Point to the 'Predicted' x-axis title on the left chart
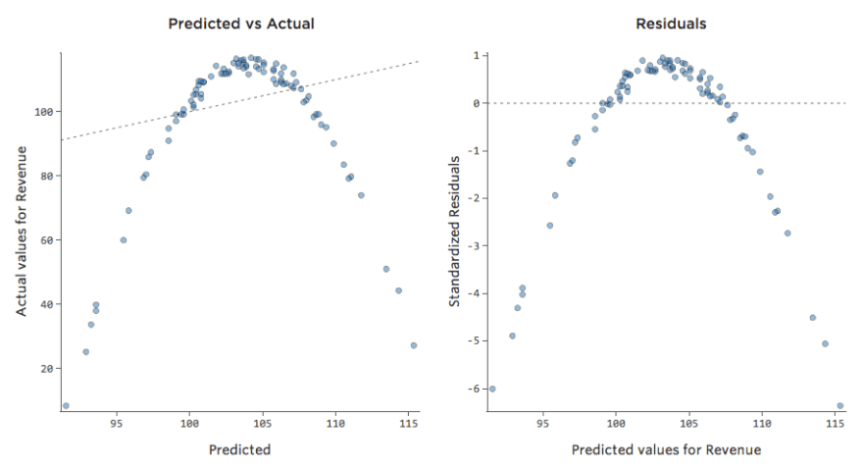click(239, 449)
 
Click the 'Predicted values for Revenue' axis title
click(666, 449)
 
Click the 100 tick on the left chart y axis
click(42, 112)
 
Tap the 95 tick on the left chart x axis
click(116, 425)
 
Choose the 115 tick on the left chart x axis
click(408, 425)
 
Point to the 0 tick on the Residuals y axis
click(476, 103)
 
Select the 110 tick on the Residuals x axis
click(761, 425)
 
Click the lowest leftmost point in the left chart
click(66, 405)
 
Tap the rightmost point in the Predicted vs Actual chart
click(414, 345)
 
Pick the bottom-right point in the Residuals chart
click(840, 405)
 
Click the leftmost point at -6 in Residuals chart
click(492, 389)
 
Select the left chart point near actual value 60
click(124, 239)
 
